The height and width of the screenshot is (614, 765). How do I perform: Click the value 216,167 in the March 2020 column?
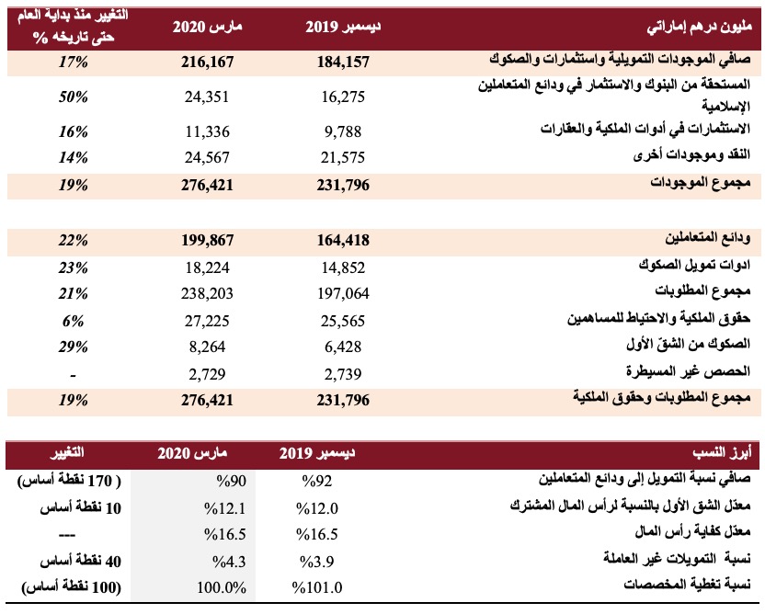[x=207, y=62]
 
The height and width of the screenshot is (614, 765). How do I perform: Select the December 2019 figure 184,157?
[x=343, y=62]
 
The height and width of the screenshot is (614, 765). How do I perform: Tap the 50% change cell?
[x=74, y=97]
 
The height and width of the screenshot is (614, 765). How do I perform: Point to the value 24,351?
[x=207, y=97]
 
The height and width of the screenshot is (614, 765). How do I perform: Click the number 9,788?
[x=343, y=131]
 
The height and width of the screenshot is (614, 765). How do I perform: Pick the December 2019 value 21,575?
[x=343, y=157]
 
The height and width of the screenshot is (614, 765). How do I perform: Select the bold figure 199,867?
[x=207, y=240]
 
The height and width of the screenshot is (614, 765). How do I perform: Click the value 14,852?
[x=343, y=267]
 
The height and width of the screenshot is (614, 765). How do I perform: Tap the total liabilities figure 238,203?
[x=207, y=293]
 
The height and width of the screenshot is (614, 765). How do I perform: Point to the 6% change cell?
[x=74, y=321]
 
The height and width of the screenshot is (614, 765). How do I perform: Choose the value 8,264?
[x=207, y=347]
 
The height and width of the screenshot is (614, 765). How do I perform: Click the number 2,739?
[x=343, y=374]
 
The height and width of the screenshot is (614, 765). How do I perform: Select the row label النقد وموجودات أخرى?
[x=691, y=155]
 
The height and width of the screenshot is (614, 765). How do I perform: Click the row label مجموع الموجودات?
[x=701, y=183]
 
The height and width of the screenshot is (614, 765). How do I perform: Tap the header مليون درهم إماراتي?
[x=700, y=28]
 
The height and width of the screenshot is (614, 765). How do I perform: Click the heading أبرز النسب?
[x=722, y=453]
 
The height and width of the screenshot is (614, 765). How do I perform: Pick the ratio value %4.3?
[x=229, y=562]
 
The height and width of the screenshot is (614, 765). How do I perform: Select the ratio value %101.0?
[x=317, y=587]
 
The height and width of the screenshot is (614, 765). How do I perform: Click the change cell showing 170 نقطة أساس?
[x=69, y=481]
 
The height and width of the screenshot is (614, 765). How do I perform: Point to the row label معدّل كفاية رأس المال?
[x=692, y=531]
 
